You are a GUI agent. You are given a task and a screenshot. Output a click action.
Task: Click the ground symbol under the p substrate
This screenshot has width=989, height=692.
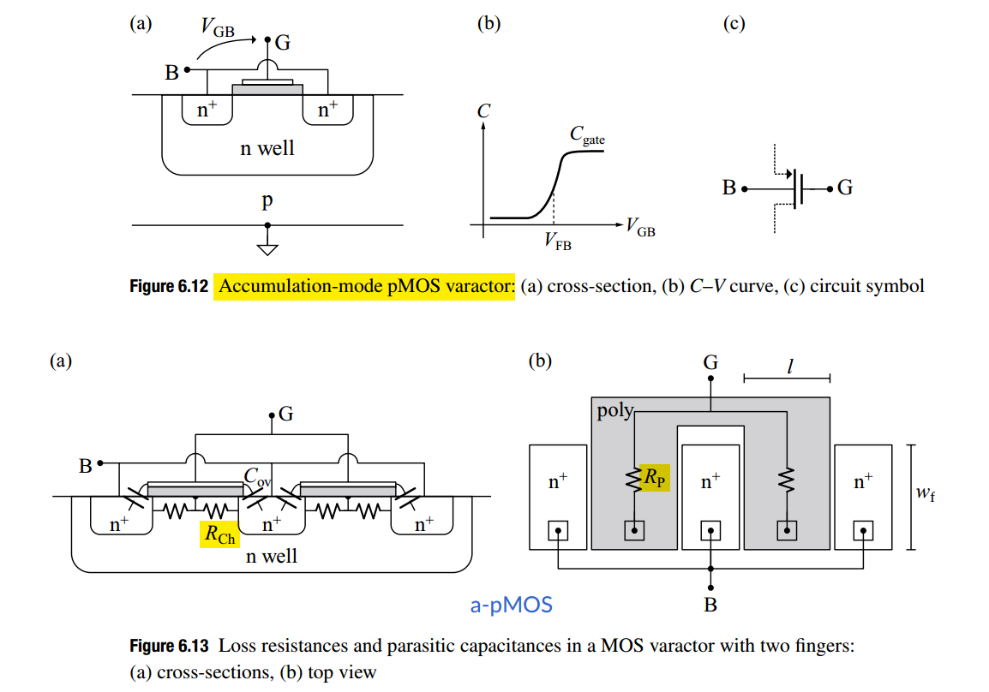tap(267, 247)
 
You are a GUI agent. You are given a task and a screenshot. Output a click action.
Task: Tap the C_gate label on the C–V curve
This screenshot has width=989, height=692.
tap(587, 134)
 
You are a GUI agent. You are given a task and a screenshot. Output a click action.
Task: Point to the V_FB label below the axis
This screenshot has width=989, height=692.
tap(558, 242)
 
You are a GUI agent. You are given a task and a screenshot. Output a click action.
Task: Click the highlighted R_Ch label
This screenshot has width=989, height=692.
tap(219, 534)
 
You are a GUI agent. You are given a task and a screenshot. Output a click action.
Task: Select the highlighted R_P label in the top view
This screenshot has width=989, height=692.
tap(655, 478)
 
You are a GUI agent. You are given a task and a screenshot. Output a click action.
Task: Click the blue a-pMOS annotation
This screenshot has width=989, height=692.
tap(512, 605)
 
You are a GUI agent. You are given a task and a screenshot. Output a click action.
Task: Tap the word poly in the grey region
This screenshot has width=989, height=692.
tap(615, 411)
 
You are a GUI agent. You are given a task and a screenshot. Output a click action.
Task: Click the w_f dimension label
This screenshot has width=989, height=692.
tap(926, 492)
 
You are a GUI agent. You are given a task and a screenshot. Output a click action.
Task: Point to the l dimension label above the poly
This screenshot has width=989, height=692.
tap(789, 366)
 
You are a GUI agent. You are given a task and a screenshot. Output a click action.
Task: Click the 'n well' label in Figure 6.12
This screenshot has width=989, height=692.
tap(267, 148)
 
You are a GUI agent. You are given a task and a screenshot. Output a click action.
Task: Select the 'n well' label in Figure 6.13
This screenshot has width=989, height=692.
tap(271, 556)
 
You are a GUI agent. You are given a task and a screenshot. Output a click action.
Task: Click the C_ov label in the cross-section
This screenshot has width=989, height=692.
tap(257, 476)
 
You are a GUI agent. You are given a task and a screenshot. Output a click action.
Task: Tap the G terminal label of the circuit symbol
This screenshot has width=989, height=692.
tap(844, 188)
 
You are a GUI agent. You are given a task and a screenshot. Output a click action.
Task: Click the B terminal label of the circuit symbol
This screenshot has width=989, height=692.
tap(729, 188)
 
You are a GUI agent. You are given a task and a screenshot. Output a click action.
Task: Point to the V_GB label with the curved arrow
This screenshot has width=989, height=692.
tap(218, 27)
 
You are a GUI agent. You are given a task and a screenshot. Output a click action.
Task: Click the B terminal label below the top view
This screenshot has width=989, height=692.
tap(710, 605)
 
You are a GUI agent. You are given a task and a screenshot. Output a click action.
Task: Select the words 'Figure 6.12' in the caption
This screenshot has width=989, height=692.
tap(169, 287)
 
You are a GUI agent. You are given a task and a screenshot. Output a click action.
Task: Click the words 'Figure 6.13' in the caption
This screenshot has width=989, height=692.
tap(169, 646)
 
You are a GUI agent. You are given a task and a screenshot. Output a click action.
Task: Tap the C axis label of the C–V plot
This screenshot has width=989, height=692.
tap(483, 111)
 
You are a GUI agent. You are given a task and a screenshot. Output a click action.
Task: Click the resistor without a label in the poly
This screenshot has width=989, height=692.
tap(787, 480)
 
